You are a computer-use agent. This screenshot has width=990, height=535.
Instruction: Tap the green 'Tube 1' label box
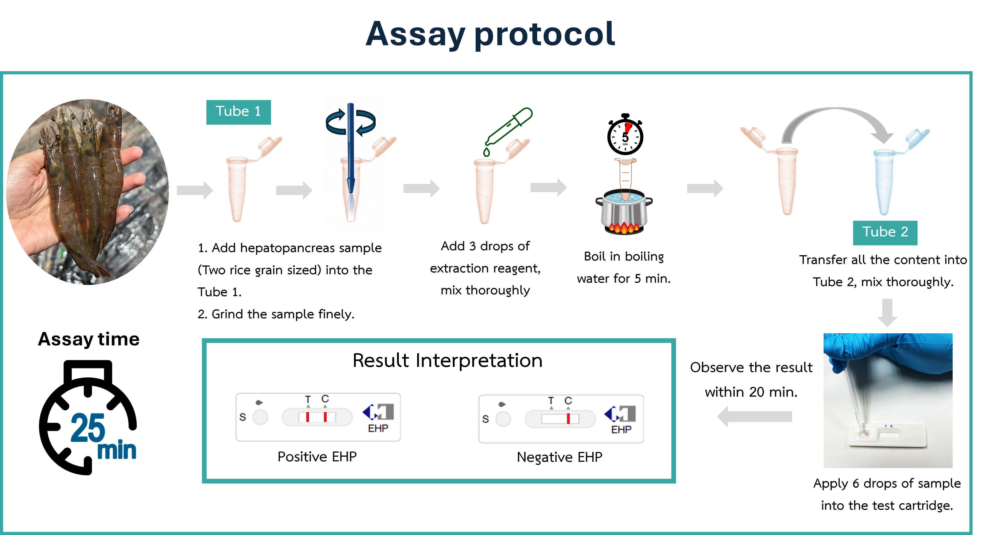click(x=238, y=112)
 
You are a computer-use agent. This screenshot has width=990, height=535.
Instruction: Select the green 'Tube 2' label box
click(x=885, y=232)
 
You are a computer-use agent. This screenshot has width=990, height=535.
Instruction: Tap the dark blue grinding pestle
click(x=350, y=150)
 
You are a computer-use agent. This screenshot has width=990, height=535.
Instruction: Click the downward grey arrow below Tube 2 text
click(x=887, y=312)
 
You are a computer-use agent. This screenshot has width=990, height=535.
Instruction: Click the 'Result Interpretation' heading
click(x=447, y=360)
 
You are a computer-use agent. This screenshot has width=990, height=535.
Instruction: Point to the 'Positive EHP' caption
click(x=317, y=456)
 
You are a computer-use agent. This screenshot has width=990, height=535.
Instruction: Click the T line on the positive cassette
click(x=307, y=417)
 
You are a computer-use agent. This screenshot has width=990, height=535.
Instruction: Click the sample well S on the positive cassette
click(x=260, y=417)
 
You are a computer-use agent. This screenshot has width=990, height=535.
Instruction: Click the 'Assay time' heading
click(x=89, y=339)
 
